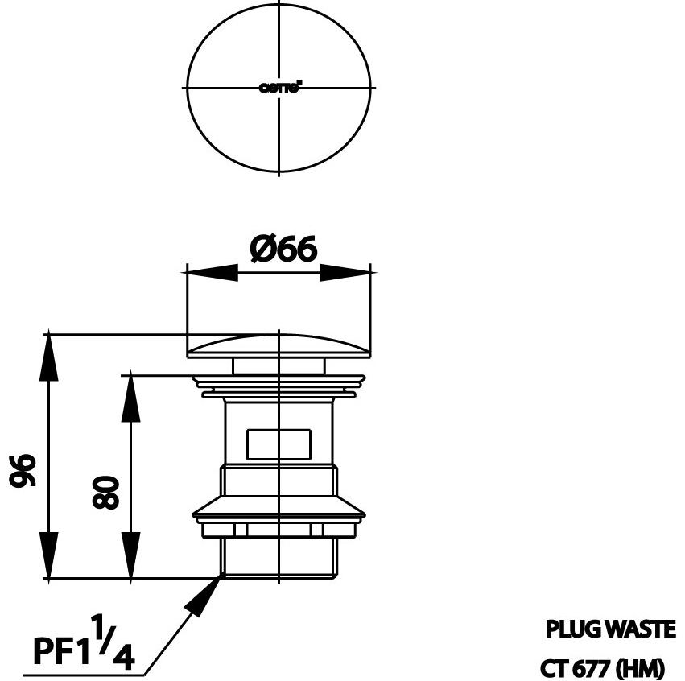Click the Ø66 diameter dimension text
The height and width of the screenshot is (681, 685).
[283, 250]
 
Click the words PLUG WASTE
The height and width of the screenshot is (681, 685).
[610, 629]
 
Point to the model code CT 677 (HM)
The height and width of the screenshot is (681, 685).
[602, 667]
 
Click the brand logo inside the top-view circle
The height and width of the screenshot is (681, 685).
[279, 89]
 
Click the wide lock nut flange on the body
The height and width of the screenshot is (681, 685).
[279, 510]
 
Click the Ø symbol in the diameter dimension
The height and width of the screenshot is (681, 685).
[262, 250]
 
